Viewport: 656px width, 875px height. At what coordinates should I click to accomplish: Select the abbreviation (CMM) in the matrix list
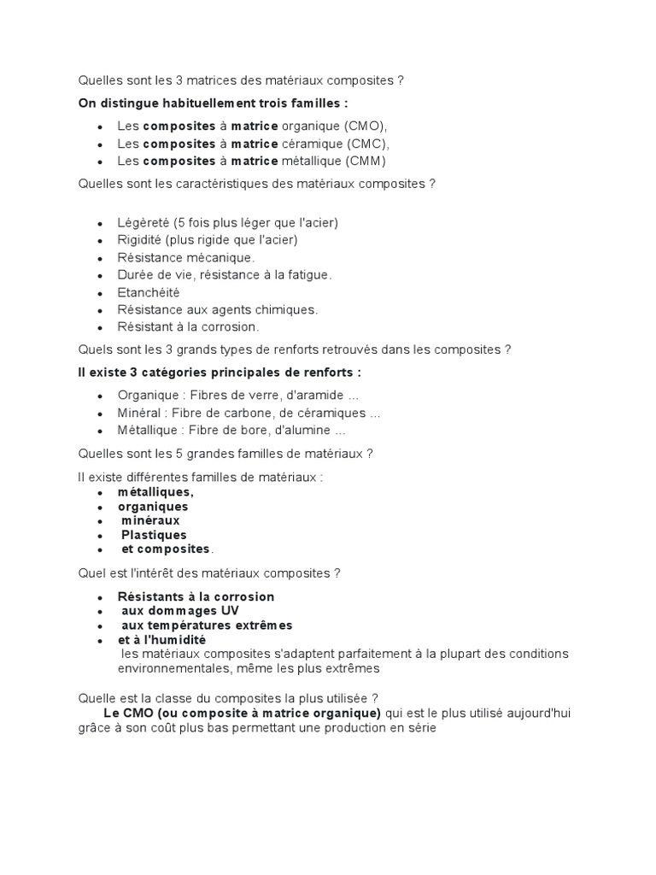pos(366,161)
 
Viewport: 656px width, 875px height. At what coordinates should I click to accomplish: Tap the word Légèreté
pos(143,223)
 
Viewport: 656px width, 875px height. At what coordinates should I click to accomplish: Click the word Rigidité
pos(140,240)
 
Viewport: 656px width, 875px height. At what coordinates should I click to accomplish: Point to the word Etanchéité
pos(149,292)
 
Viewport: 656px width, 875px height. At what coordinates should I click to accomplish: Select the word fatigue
pos(309,275)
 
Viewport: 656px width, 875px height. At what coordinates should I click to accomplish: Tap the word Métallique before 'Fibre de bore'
pos(147,431)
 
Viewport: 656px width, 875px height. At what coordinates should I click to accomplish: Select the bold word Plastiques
pos(154,535)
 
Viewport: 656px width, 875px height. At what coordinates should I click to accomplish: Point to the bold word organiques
pos(153,507)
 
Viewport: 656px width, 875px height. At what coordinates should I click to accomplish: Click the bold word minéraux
pos(150,520)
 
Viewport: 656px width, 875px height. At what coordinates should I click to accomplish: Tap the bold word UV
pos(230,611)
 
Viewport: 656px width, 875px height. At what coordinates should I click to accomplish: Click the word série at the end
pos(419,728)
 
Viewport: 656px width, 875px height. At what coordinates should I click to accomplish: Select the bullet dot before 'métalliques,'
pos(100,493)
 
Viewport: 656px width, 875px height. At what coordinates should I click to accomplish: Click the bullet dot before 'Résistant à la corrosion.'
pos(100,327)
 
